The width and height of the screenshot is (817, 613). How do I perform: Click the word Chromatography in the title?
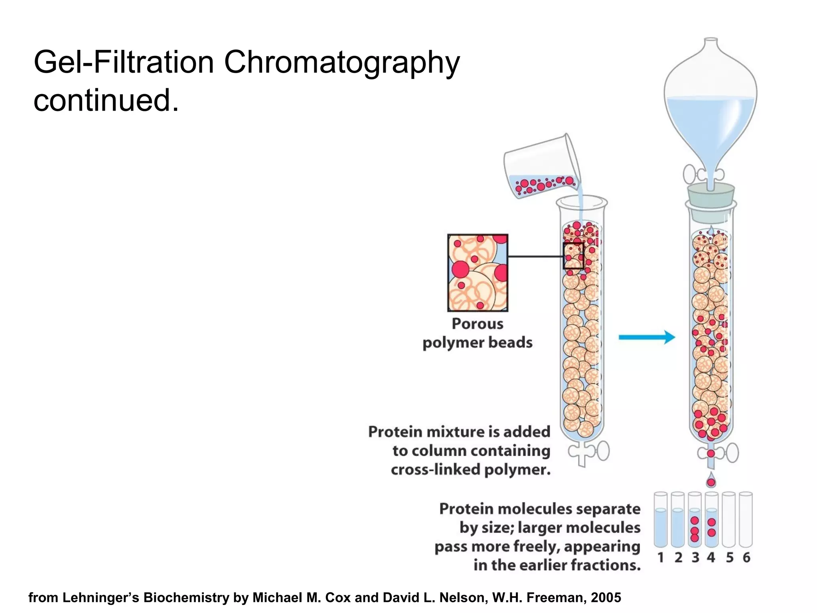click(x=342, y=63)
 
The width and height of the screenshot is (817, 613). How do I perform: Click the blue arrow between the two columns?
click(x=646, y=337)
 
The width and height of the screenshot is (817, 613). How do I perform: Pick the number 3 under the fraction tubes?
click(x=695, y=558)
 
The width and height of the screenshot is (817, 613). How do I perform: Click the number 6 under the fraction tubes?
click(x=746, y=558)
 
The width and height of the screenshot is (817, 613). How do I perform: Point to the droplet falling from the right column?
click(x=710, y=481)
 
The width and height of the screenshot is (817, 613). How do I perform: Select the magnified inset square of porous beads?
click(x=478, y=273)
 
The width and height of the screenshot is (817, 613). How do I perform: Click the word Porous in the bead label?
click(x=477, y=324)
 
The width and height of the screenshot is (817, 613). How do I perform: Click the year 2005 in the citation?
click(x=606, y=597)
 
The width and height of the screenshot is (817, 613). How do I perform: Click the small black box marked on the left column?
click(x=573, y=256)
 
